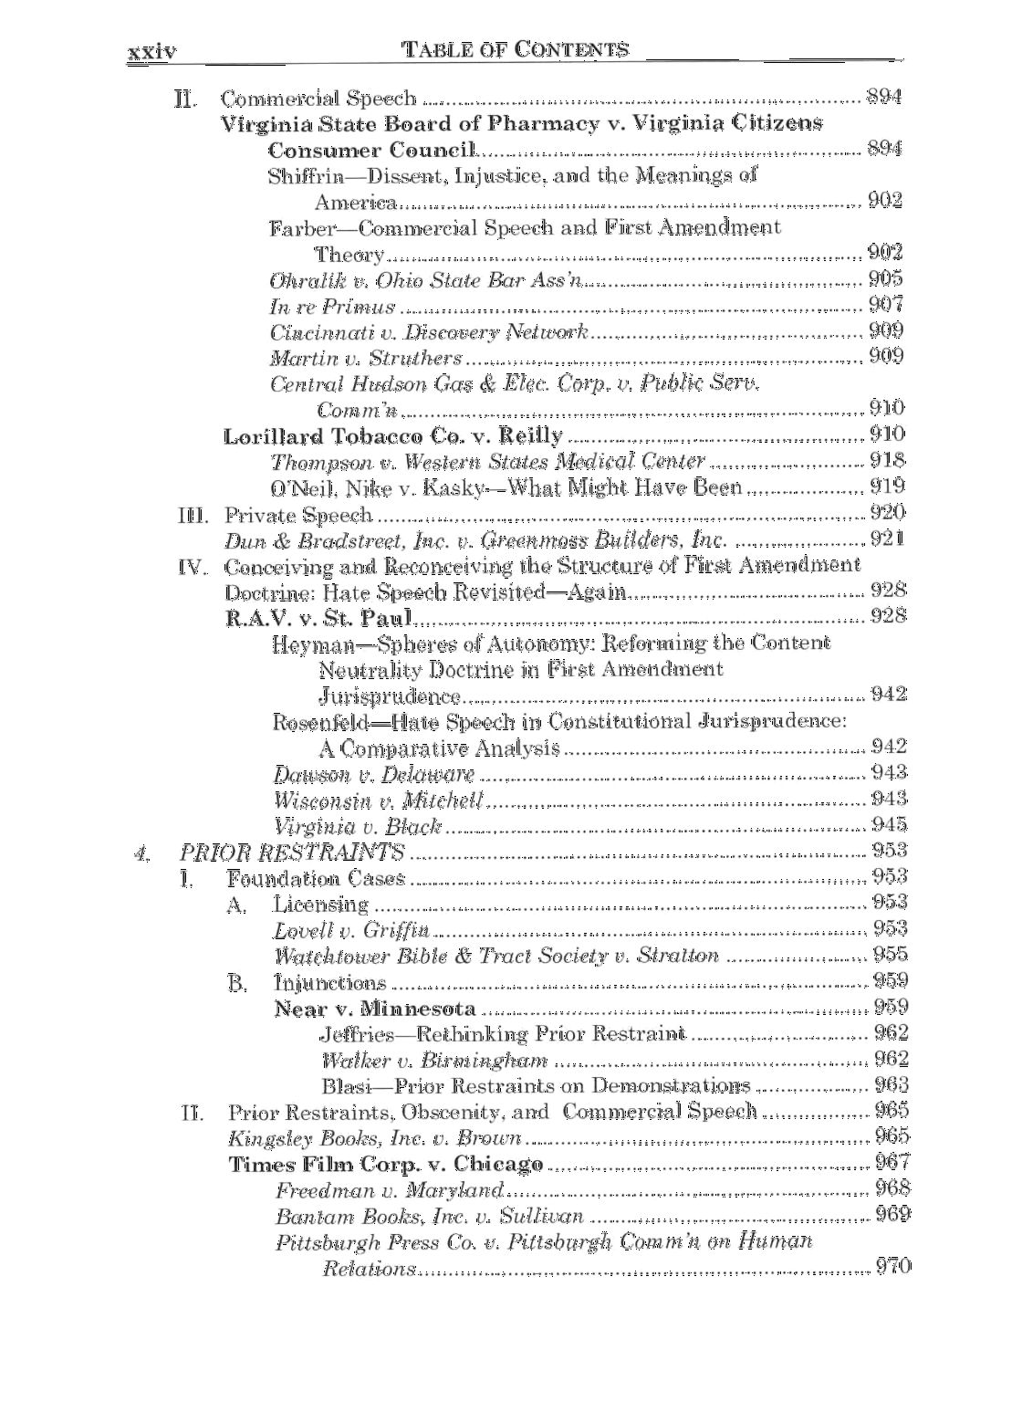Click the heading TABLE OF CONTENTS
(516, 49)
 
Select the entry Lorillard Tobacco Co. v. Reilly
(393, 436)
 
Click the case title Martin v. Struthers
(366, 357)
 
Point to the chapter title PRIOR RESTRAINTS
(292, 853)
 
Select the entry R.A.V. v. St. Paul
(319, 618)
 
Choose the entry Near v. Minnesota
(375, 1009)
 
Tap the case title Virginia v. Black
(358, 827)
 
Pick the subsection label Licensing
(320, 905)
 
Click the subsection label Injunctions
(330, 983)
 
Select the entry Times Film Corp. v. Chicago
(386, 1165)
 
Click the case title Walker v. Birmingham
(434, 1061)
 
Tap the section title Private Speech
(298, 515)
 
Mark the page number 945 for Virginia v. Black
(889, 825)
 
